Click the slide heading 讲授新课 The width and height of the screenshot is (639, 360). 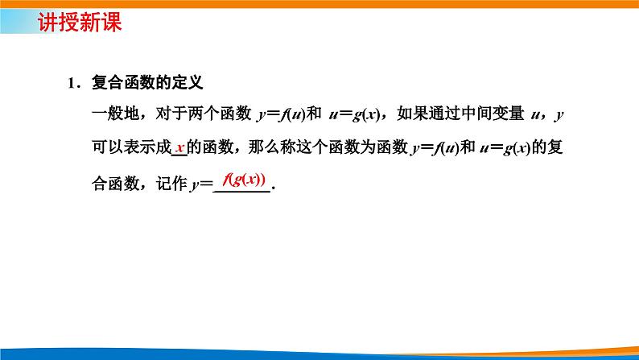pos(79,23)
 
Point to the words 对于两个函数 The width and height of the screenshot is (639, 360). pos(200,116)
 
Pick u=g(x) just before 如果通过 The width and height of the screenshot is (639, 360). pos(358,116)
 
